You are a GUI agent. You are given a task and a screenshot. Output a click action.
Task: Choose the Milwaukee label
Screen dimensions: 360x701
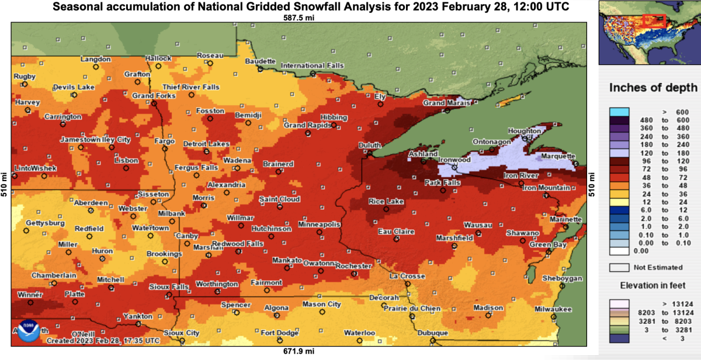click(552, 309)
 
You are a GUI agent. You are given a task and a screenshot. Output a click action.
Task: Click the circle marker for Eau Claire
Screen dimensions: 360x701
click(396, 239)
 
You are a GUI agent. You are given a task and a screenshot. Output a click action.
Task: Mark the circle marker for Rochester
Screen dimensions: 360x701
click(352, 273)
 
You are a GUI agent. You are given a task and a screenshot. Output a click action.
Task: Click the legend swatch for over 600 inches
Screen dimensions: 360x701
click(619, 111)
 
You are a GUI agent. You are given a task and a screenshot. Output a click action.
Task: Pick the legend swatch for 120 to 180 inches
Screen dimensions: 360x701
click(619, 152)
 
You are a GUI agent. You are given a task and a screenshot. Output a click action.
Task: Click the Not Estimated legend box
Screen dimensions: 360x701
click(619, 267)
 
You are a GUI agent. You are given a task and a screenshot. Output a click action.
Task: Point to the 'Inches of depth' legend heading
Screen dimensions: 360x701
click(653, 88)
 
